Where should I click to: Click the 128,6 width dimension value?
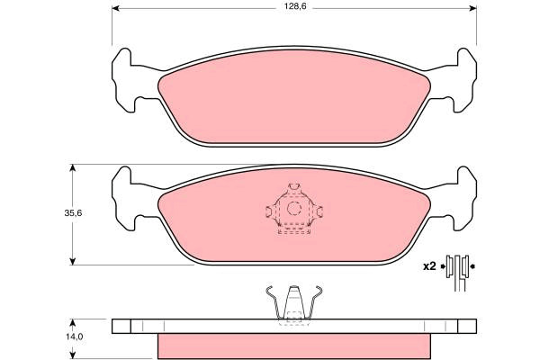click(291, 6)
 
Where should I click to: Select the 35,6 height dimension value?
click(73, 213)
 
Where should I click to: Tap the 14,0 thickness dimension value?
click(75, 337)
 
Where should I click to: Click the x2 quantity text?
click(429, 266)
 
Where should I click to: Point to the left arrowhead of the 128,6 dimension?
click(116, 8)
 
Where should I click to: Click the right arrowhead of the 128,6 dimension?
click(472, 8)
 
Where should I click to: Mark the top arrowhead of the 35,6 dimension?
click(72, 168)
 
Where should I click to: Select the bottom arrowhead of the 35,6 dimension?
click(72, 262)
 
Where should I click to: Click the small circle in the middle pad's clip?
click(294, 209)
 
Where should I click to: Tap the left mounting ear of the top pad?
click(124, 81)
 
